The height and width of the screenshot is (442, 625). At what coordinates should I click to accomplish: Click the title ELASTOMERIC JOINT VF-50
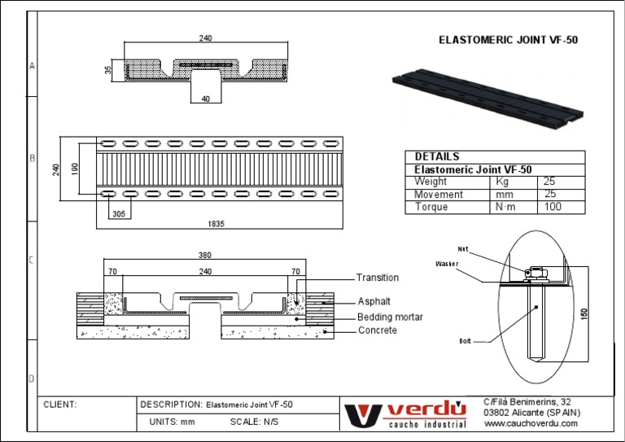[508, 39]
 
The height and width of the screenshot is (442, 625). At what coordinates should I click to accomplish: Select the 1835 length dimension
[216, 223]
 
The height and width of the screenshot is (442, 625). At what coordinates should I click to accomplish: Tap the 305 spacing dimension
[119, 214]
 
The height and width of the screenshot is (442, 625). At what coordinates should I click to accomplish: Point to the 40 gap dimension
[205, 98]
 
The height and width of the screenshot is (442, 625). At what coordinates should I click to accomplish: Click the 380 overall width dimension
[205, 255]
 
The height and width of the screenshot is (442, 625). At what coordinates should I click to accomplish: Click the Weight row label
[431, 182]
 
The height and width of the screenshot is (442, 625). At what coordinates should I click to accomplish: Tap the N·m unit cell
[505, 207]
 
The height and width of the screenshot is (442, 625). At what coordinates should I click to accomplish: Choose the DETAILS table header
[437, 156]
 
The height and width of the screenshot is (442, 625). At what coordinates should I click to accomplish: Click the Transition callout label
[378, 278]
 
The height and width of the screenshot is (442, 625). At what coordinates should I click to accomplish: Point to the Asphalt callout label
[374, 301]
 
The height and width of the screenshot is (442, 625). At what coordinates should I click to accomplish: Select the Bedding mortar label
[390, 317]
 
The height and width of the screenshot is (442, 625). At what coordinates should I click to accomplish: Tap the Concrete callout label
[378, 330]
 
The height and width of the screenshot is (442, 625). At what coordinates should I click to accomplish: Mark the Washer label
[448, 264]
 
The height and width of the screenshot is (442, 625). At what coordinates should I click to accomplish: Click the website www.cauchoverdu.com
[531, 424]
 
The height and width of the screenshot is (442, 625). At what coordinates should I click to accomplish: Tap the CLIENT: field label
[60, 405]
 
